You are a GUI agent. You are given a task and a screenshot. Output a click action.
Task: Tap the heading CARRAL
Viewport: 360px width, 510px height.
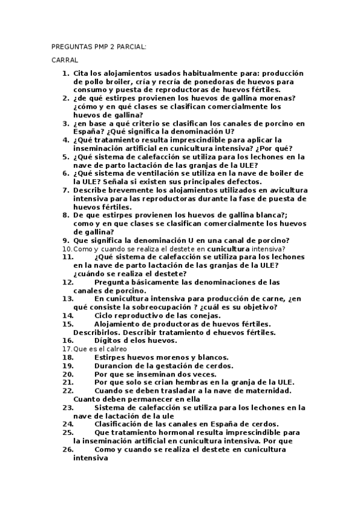64,61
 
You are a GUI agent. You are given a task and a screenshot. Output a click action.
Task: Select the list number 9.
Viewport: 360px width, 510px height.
67,240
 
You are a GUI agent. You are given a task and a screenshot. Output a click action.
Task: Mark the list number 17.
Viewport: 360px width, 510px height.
67,348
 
